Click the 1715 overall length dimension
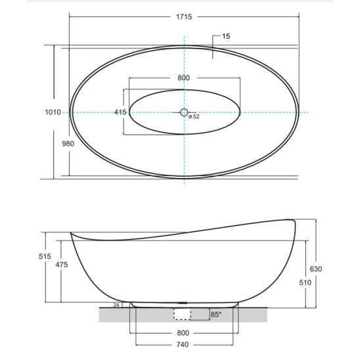(x=184, y=17)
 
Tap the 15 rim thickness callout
(x=226, y=36)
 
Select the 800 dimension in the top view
(x=184, y=78)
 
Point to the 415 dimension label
(x=120, y=112)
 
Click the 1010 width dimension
(x=53, y=112)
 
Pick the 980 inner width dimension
(x=68, y=144)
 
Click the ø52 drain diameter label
(x=194, y=117)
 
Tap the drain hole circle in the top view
(x=184, y=112)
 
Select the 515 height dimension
(x=45, y=256)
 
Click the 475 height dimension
(x=62, y=265)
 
